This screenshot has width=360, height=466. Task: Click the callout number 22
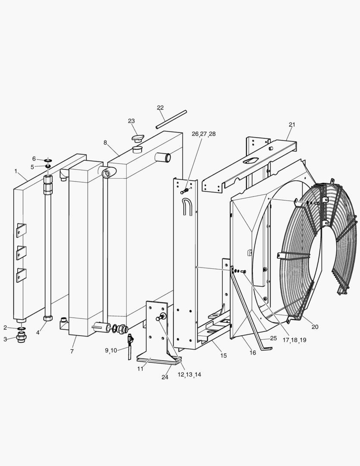tap(160, 107)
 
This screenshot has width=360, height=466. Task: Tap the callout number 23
tap(131, 121)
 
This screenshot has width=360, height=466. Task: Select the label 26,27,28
tap(204, 134)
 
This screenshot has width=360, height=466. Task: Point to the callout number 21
tap(292, 125)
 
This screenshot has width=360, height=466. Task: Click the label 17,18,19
tap(294, 340)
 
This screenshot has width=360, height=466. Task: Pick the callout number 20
tap(315, 327)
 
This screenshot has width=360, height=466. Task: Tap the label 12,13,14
tap(189, 375)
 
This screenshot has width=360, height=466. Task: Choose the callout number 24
tap(165, 377)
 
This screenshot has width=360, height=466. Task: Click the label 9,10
tap(111, 350)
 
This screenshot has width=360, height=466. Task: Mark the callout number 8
tap(105, 143)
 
